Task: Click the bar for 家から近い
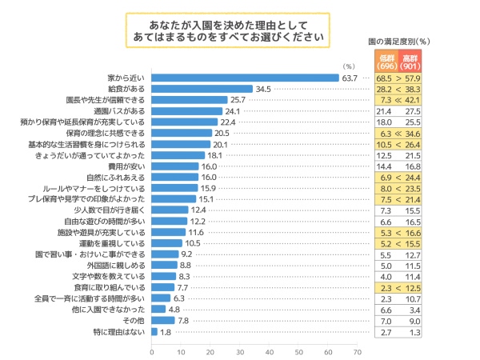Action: (x=245, y=78)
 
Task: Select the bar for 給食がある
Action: (x=202, y=89)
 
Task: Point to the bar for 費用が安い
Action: (x=175, y=166)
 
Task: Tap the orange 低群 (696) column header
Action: (x=386, y=60)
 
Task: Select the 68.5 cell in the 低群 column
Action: (x=386, y=78)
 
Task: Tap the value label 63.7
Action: (x=349, y=78)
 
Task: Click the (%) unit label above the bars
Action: (x=348, y=66)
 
